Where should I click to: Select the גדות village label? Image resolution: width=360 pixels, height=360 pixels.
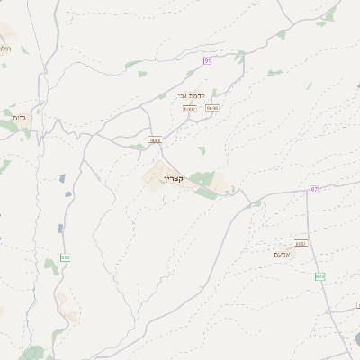click(20, 117)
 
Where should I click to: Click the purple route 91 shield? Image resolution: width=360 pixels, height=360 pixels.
click(207, 60)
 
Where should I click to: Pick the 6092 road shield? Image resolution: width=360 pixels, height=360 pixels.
click(189, 109)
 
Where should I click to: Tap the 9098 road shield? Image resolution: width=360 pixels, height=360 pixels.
click(212, 108)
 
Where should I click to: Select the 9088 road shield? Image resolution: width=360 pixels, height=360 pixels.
click(155, 140)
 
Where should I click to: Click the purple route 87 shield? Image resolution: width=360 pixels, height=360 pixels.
click(314, 189)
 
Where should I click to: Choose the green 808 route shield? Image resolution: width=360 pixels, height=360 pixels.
click(319, 276)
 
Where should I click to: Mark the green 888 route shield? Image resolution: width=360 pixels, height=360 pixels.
click(65, 256)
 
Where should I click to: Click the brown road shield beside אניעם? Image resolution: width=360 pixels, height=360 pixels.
click(301, 244)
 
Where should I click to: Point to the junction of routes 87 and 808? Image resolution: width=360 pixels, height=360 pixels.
click(308, 192)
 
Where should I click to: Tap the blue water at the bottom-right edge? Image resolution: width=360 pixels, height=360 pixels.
click(357, 339)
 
